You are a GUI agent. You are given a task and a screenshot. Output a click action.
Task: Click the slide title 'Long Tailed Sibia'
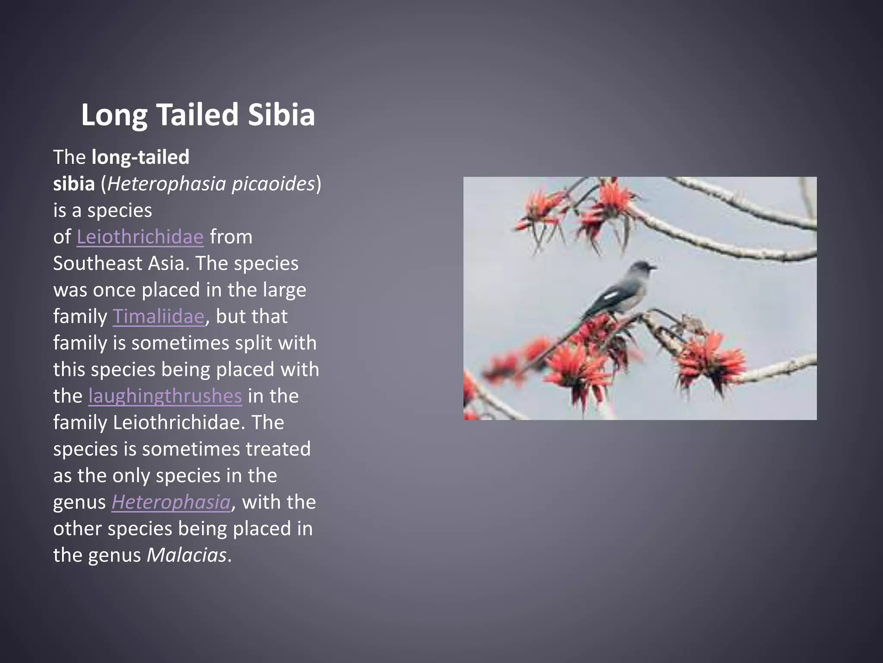pyautogui.click(x=198, y=115)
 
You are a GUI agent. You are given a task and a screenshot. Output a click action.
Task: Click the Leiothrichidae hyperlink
pyautogui.click(x=140, y=237)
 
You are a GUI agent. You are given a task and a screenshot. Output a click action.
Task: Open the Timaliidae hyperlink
pyautogui.click(x=158, y=316)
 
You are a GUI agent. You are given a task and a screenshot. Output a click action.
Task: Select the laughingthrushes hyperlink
pyautogui.click(x=165, y=396)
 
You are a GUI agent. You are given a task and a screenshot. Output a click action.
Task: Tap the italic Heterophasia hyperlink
pyautogui.click(x=171, y=502)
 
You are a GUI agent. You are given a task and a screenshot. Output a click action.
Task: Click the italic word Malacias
pyautogui.click(x=186, y=555)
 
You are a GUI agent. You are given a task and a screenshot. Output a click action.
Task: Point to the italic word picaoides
pyautogui.click(x=273, y=184)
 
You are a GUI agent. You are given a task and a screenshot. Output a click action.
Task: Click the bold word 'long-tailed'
pyautogui.click(x=141, y=157)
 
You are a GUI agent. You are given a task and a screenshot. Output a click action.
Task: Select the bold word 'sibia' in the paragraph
pyautogui.click(x=74, y=184)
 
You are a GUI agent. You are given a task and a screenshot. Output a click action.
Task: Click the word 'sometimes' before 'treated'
pyautogui.click(x=191, y=449)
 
